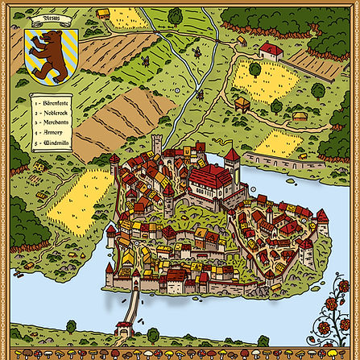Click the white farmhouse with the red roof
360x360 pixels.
tap(271, 52)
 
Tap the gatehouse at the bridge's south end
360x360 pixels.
tap(123, 328)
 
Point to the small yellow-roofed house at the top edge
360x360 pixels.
tap(102, 13)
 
